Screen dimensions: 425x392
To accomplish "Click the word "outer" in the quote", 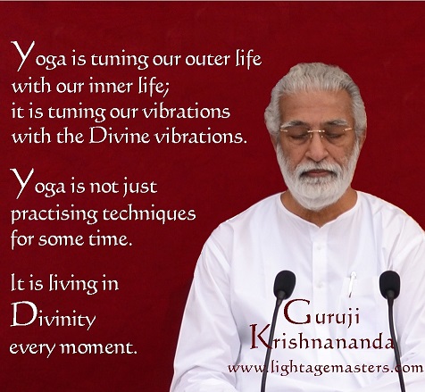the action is (207, 59).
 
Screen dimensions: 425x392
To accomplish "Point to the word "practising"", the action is (54, 215).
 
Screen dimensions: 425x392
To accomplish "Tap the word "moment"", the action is (98, 347).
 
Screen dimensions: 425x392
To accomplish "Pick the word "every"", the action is (32, 348).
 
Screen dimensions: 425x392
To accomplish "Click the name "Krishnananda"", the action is (322, 338).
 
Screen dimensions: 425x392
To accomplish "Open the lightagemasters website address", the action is (325, 369).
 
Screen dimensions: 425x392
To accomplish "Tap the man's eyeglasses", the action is (316, 132).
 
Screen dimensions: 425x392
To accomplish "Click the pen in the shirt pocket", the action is (352, 284).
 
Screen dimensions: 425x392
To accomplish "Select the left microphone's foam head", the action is (285, 283).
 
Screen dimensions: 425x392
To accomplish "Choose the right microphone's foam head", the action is (389, 283).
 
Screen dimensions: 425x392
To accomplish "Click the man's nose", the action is (316, 149).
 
